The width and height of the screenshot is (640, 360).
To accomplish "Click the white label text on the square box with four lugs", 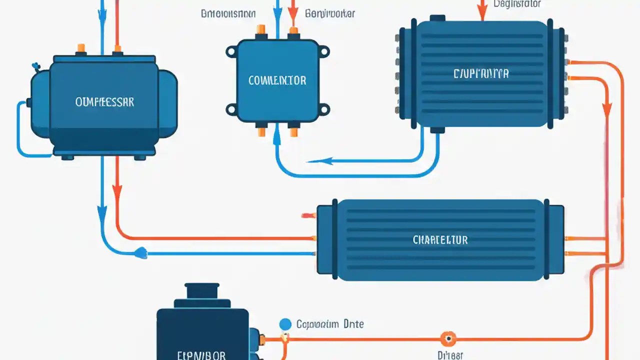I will click(277, 80).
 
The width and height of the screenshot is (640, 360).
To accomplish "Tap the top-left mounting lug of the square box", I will click(231, 51).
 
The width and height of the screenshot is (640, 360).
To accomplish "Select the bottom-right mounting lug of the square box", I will click(324, 108).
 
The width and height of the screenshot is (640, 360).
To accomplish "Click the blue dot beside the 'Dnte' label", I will click(285, 324).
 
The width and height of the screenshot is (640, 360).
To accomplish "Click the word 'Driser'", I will click(450, 355).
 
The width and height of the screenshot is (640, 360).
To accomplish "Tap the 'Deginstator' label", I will click(518, 4).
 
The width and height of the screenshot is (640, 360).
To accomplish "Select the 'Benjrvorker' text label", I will click(330, 13).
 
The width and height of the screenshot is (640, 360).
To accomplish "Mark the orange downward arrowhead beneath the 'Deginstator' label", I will click(482, 16).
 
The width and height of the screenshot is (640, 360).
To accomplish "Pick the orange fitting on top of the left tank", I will click(80, 48).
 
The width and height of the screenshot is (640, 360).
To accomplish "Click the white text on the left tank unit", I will click(104, 102).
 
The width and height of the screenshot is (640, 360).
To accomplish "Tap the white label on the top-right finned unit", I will click(481, 74).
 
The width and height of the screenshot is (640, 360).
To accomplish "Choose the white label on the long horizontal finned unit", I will click(440, 240).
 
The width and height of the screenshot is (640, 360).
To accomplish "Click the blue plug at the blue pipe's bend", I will click(140, 254).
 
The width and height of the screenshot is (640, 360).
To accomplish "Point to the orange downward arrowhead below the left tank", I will click(117, 190).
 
